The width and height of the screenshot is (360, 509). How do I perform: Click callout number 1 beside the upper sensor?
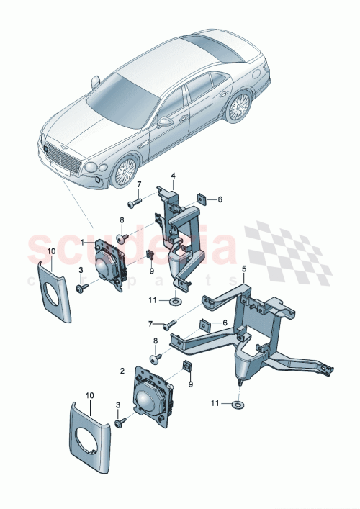click(82, 243)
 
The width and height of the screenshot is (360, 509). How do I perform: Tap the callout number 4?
click(173, 174)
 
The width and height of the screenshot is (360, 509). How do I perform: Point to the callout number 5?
click(243, 269)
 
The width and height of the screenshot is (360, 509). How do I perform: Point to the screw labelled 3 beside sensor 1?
click(81, 288)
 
